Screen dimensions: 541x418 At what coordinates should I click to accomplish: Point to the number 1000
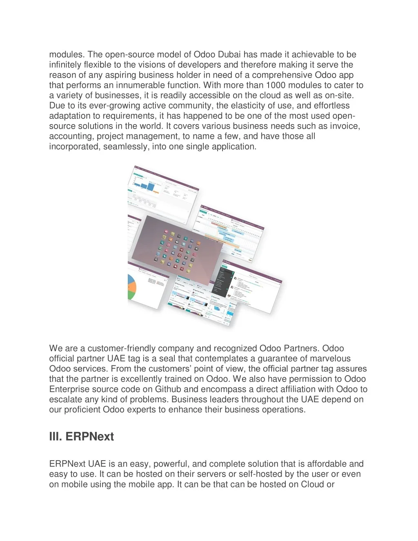click(x=276, y=85)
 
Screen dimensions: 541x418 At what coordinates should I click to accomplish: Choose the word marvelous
click(x=331, y=359)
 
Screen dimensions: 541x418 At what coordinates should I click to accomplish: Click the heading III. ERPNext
click(x=82, y=436)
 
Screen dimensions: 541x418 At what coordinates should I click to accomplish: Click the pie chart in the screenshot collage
click(x=131, y=287)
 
